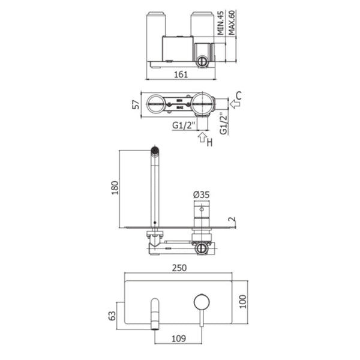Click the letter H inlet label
pyautogui.click(x=209, y=142)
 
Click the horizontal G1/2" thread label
pyautogui.click(x=182, y=125)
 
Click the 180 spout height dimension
pyautogui.click(x=113, y=188)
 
